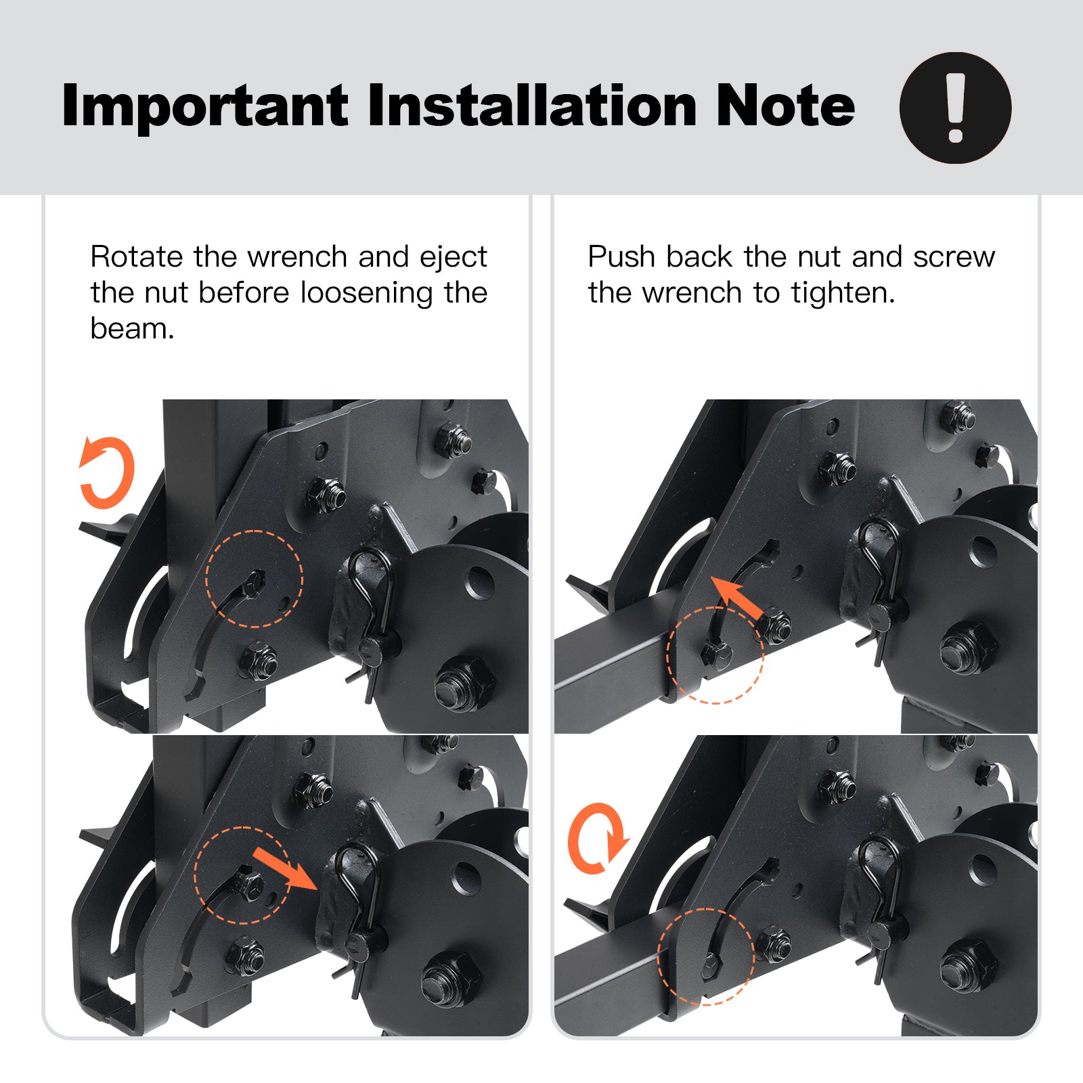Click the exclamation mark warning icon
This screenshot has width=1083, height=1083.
coord(955,108)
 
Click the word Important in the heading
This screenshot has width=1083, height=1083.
coord(205,106)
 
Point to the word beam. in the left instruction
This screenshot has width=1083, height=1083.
coord(133,329)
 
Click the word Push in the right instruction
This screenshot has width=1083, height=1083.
coord(621,257)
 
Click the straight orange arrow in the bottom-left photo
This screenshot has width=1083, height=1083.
coord(284,868)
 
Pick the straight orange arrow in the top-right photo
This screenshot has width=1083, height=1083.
coord(739,597)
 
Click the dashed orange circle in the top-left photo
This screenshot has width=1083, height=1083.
coord(206,579)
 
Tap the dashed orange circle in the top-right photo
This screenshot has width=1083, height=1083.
coord(669,655)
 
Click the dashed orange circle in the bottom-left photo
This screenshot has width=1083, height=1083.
coord(195,875)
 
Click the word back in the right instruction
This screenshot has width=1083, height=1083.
coord(699,257)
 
